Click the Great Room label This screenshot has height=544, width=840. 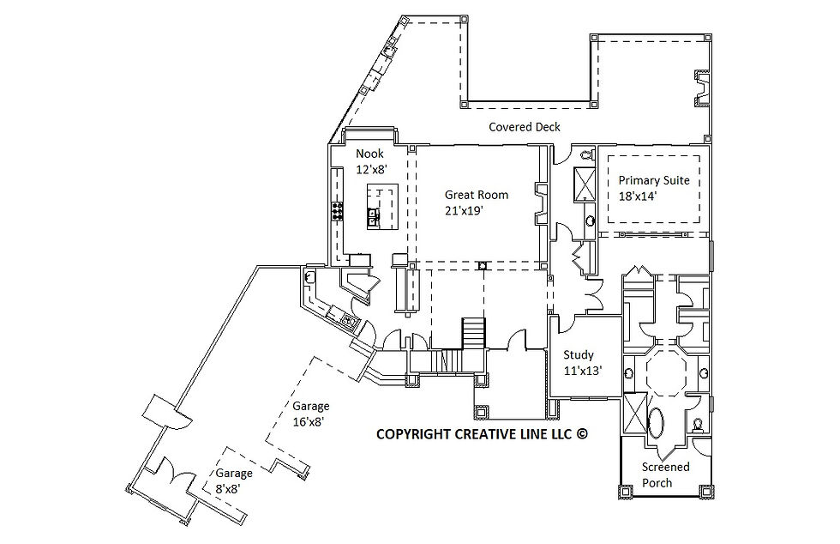point(476,195)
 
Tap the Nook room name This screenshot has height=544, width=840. point(369,154)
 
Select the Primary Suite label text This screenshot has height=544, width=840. point(654,181)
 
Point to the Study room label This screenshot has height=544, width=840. point(579,355)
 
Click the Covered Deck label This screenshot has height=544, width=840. point(525,127)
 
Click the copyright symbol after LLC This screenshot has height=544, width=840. point(582,434)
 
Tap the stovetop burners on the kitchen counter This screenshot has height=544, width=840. point(337,211)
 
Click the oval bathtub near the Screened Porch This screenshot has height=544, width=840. point(657,425)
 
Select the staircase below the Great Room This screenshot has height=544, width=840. point(473,331)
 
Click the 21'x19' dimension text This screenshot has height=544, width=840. point(477,210)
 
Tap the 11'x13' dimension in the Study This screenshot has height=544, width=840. point(582,371)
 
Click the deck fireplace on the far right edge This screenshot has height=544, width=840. point(703,89)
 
